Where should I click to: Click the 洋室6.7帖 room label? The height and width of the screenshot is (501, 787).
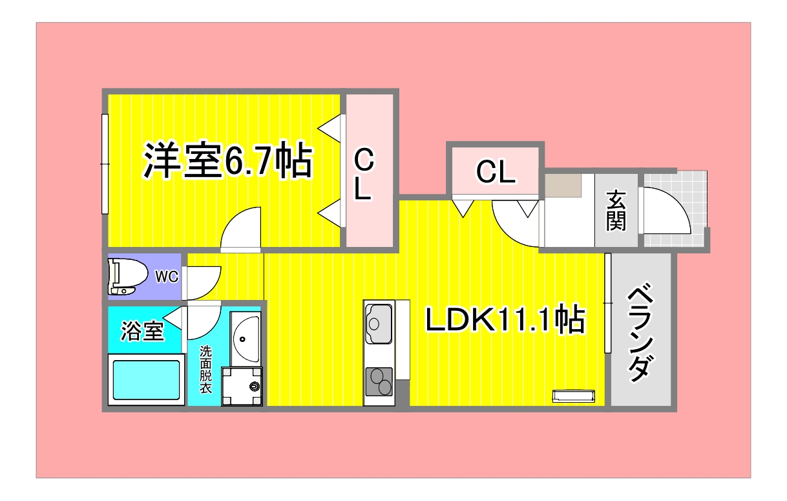228,162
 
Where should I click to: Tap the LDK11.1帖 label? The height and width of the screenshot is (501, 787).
504,319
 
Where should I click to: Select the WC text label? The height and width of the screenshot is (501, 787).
166,277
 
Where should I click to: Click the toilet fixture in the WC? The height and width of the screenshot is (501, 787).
126,277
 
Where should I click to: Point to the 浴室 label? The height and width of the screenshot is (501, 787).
143,332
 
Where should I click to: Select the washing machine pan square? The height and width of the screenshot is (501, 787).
242,386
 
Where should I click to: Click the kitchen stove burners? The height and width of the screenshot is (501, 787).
379,381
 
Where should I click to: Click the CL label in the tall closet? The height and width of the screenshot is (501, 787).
364,173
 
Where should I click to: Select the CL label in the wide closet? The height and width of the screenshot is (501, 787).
495,172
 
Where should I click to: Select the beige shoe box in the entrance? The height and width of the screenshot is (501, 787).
563,186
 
